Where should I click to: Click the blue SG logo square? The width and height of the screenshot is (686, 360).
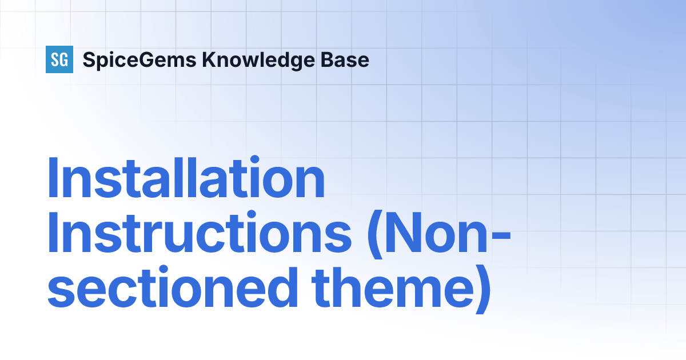tap(59, 59)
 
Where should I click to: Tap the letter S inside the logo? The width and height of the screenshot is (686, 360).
tap(55, 59)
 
